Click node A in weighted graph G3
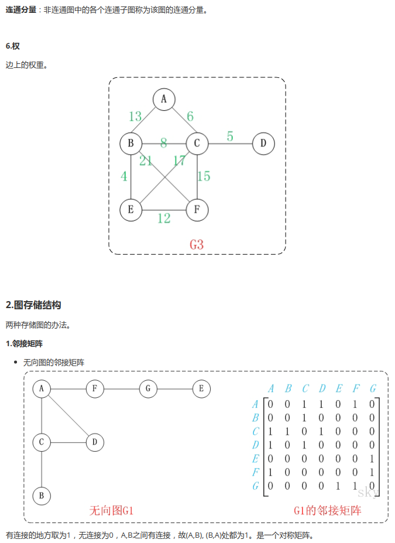coord(164,100)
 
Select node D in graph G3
coord(263,143)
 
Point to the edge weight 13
coord(135,117)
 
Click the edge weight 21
coord(146,160)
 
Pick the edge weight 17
coord(178,160)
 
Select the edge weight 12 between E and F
coord(164,218)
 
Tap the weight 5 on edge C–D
coord(230,136)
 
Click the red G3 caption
coord(197,244)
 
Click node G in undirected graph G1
coord(148,388)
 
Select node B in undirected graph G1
coord(42,496)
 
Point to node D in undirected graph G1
coord(95,442)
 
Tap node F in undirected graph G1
coord(95,388)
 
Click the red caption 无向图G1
coord(112,510)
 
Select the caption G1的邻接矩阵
coord(328,510)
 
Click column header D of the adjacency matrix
coord(322,388)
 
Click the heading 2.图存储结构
coord(33,305)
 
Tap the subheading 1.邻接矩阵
coord(24,343)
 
